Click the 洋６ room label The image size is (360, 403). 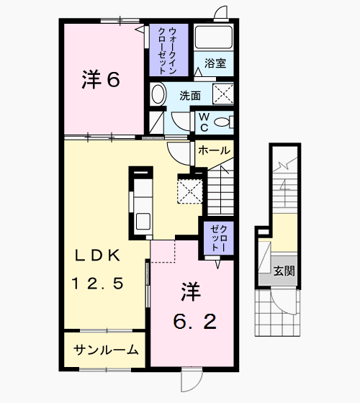(x=100, y=80)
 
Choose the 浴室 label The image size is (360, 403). (x=215, y=63)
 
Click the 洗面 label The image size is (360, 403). (x=190, y=95)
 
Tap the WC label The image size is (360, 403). (x=203, y=122)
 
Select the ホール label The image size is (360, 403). (x=213, y=150)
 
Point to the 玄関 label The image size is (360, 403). (x=284, y=271)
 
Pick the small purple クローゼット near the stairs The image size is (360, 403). (x=217, y=237)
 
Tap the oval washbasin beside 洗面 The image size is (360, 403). (x=158, y=94)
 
